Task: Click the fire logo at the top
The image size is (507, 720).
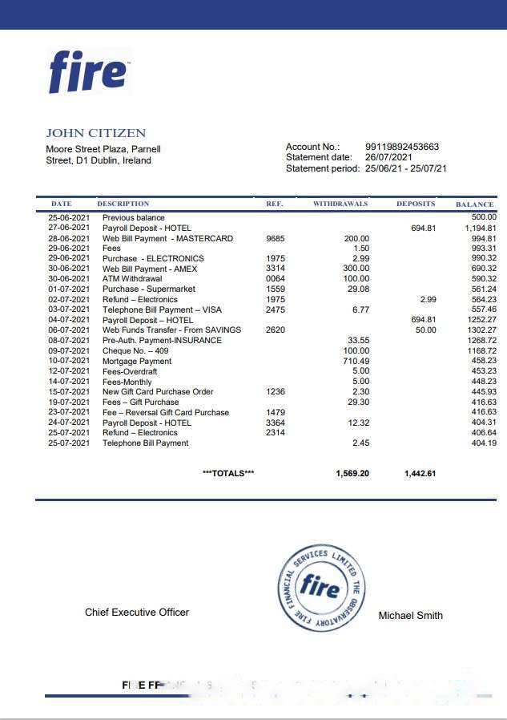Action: (x=88, y=71)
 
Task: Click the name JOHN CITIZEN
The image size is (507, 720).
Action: (x=95, y=133)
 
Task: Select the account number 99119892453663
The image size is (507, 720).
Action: (x=401, y=147)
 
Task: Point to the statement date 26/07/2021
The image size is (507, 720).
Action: (x=388, y=157)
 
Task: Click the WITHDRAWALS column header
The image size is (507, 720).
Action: (x=340, y=204)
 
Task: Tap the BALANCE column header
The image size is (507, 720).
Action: (x=474, y=204)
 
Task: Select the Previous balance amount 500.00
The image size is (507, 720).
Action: (x=484, y=217)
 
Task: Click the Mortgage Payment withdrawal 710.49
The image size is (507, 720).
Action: (x=356, y=361)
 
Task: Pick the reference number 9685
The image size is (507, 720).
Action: (x=275, y=238)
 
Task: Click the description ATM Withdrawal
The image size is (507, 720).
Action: (x=131, y=279)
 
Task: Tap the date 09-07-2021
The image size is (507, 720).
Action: (x=70, y=350)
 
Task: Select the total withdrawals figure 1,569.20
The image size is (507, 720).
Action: (x=352, y=473)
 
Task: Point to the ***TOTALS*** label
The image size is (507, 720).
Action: (x=228, y=473)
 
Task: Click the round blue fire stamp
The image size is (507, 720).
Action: (x=320, y=589)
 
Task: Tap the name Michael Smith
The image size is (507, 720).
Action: (x=410, y=615)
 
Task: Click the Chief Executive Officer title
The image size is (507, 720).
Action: (x=137, y=612)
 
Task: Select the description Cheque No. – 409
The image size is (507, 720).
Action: (x=135, y=350)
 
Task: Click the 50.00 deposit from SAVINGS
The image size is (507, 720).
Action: (x=425, y=330)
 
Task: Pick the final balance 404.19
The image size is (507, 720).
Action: (x=483, y=443)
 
